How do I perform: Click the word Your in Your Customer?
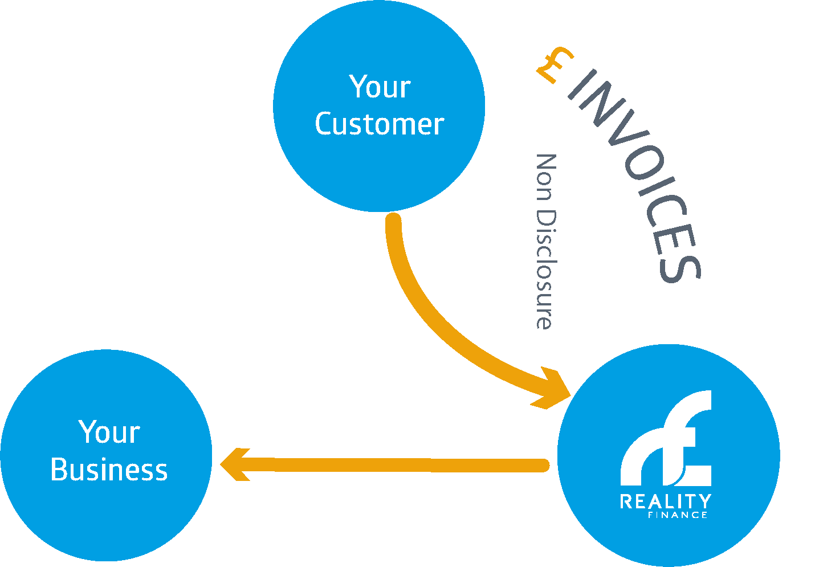(380, 87)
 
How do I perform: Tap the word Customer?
(379, 124)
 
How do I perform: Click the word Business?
(109, 470)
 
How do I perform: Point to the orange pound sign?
(554, 64)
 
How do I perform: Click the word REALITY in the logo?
(665, 501)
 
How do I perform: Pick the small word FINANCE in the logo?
(678, 515)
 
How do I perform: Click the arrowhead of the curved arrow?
(553, 390)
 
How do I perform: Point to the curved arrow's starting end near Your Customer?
(393, 221)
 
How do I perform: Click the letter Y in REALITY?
(704, 501)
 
